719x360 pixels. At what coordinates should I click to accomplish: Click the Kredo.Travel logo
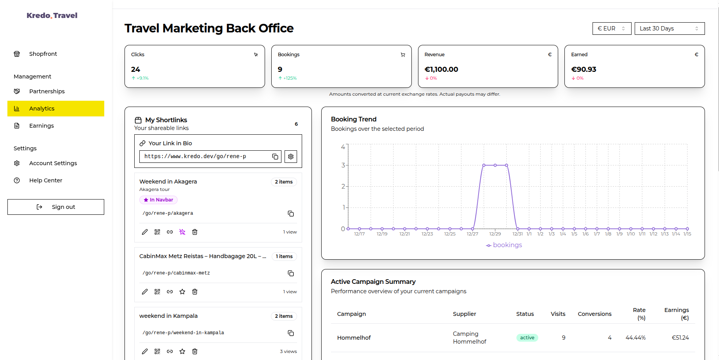(52, 16)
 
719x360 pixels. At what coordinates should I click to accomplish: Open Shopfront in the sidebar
(43, 54)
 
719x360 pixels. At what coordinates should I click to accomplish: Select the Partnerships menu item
(47, 91)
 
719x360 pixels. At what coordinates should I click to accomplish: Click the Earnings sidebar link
(41, 126)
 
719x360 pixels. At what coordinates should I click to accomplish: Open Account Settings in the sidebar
(53, 163)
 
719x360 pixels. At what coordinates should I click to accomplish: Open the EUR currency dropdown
(611, 29)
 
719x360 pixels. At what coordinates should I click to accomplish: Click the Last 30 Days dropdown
(669, 29)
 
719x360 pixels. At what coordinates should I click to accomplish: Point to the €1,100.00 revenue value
(441, 70)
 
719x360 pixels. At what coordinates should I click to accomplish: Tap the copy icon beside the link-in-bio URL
(275, 157)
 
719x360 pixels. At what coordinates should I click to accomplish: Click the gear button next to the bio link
(291, 157)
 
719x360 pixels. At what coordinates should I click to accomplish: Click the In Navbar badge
(158, 200)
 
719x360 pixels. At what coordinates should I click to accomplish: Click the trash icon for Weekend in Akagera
(195, 232)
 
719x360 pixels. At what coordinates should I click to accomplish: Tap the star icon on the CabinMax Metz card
(182, 292)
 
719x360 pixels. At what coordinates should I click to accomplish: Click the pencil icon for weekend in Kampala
(145, 351)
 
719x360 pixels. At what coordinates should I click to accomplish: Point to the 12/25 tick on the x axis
(450, 234)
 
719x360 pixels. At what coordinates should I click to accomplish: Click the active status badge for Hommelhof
(527, 338)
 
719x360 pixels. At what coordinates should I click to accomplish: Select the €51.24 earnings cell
(680, 338)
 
